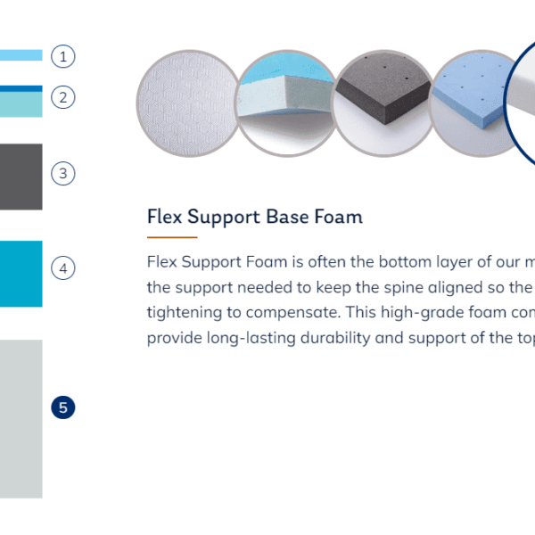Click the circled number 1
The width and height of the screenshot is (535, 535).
63,56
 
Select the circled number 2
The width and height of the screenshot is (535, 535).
63,97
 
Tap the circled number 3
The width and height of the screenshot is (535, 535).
63,173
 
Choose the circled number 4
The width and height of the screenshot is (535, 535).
63,268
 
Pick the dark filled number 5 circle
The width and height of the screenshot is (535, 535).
63,407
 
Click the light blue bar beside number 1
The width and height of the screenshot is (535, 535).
21,55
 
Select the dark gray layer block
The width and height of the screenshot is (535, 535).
21,177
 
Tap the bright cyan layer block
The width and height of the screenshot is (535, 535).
21,274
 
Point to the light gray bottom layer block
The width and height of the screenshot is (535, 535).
21,419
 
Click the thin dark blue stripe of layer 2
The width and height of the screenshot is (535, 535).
21,88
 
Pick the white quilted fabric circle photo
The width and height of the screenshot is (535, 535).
188,103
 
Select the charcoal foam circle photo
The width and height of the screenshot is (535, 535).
383,103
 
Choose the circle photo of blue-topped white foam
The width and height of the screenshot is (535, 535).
286,103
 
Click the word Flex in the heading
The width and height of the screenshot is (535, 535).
164,217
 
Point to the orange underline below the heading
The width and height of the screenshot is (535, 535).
172,237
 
